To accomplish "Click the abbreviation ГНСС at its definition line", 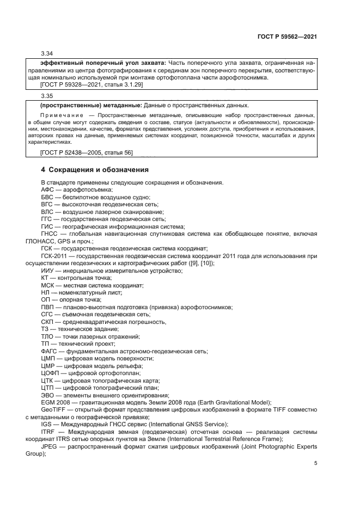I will click(x=51, y=233).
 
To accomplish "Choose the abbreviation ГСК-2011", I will click(x=55, y=256).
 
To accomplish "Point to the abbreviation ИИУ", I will click(x=47, y=271).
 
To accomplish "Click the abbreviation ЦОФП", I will click(x=51, y=373).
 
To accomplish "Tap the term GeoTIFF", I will click(x=53, y=410).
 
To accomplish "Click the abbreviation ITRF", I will click(x=48, y=432).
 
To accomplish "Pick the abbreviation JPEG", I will click(x=50, y=446).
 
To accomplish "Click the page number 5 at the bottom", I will click(x=315, y=464).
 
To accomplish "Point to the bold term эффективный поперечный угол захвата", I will click(x=96, y=63).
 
